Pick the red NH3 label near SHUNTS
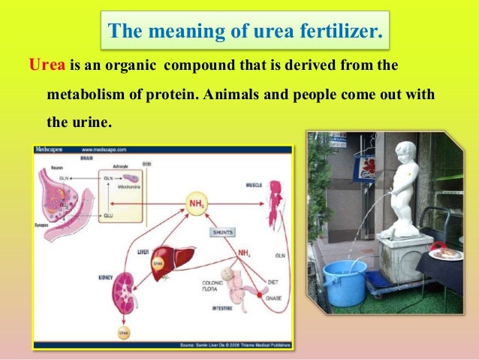[x=243, y=253]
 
